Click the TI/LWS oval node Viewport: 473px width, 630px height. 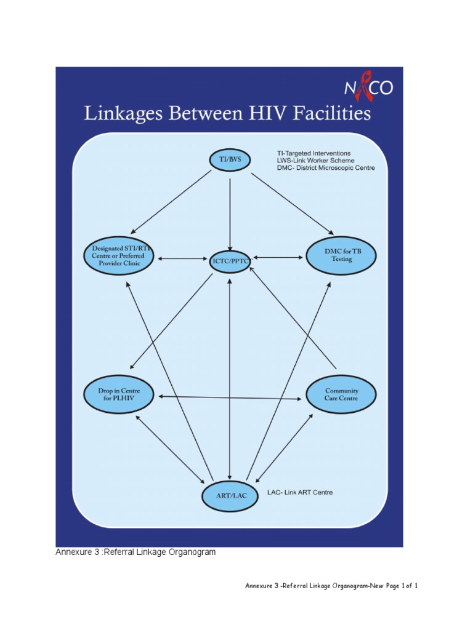[x=230, y=159]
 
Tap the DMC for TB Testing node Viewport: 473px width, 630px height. [x=341, y=256]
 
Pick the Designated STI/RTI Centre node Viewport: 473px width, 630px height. [x=119, y=255]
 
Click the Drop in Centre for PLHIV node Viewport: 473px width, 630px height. [x=119, y=394]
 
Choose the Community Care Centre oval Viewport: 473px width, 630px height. [x=341, y=394]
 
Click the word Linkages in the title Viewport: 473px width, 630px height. [x=121, y=114]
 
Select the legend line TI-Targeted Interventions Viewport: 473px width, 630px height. [x=313, y=153]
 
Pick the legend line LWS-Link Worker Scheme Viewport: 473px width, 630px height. [x=315, y=161]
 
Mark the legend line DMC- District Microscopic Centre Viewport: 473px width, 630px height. [x=325, y=168]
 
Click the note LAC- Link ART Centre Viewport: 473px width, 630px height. [x=300, y=493]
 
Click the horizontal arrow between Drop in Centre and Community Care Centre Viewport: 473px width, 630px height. [x=231, y=397]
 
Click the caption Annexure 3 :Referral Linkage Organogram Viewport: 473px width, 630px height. [x=136, y=552]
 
